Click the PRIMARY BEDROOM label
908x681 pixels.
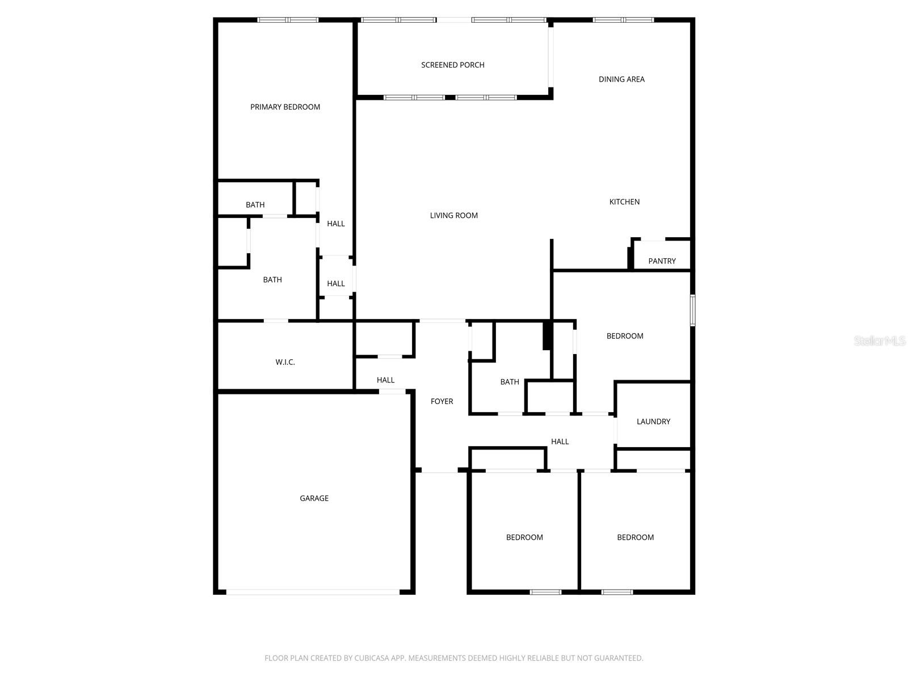[x=285, y=107]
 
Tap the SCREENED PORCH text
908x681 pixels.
[x=452, y=65]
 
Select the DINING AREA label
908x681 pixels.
[x=621, y=79]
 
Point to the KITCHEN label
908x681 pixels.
[x=624, y=201]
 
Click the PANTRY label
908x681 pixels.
[x=662, y=261]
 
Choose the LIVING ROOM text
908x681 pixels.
[x=453, y=215]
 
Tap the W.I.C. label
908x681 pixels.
[x=285, y=362]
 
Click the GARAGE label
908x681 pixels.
[x=314, y=498]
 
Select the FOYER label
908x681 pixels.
[x=442, y=401]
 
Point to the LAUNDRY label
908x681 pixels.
[x=653, y=421]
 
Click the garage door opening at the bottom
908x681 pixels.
[x=313, y=592]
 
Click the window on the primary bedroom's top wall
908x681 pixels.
[x=288, y=20]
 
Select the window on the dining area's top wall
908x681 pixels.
[x=623, y=20]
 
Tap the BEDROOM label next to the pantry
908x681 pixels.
[x=624, y=336]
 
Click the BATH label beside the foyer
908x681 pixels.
[x=509, y=382]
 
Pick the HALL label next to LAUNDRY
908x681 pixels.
[x=560, y=441]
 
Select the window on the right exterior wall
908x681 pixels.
[x=692, y=310]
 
